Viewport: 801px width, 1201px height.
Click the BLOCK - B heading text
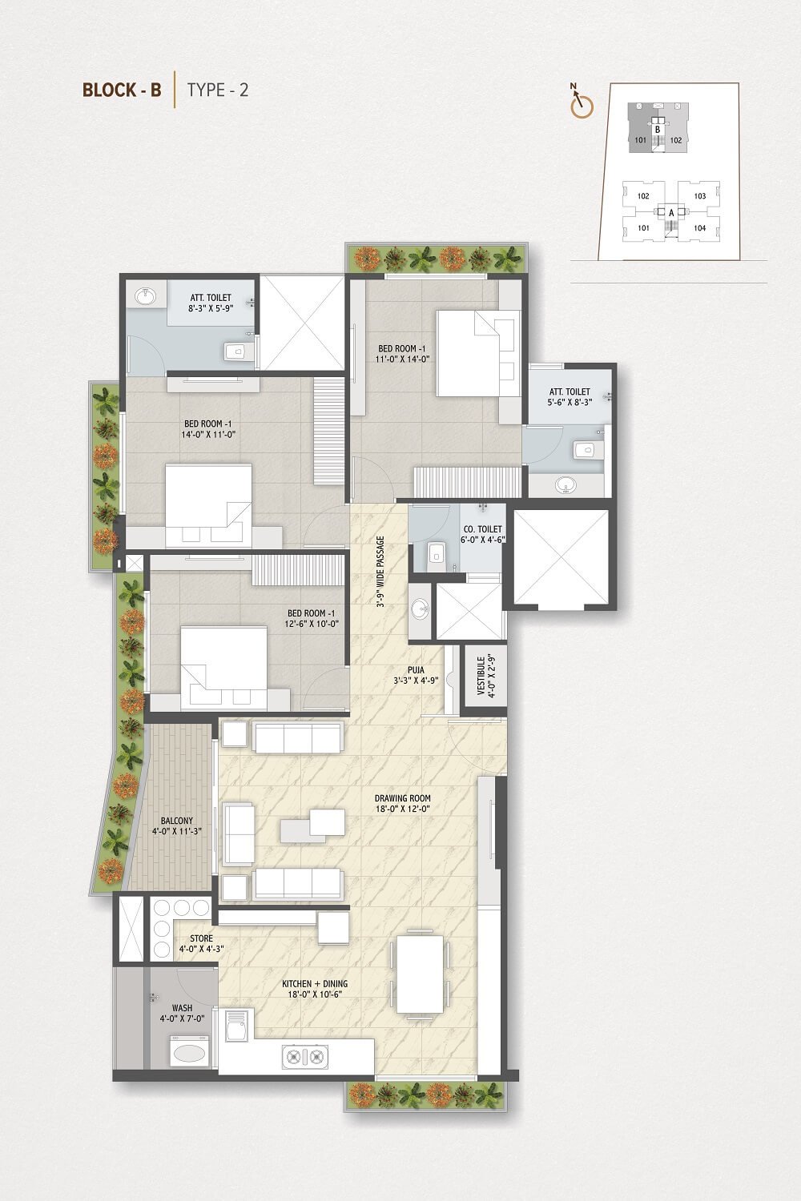pos(122,90)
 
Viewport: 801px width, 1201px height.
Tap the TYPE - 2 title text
pos(217,90)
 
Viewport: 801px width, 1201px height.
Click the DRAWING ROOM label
pos(402,797)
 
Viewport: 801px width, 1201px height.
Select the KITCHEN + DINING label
pos(315,984)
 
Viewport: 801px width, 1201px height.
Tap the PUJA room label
pos(416,670)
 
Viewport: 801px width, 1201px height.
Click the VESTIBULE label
pos(481,676)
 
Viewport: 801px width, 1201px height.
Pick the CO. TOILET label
pos(483,529)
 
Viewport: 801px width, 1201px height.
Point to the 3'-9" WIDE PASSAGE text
pos(381,571)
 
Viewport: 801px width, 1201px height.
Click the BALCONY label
pos(177,821)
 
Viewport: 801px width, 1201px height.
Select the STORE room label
pos(202,938)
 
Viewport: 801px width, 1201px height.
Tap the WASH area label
pos(183,1008)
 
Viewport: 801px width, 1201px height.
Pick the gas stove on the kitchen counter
pos(305,1057)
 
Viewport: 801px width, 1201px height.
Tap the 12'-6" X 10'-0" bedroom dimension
pos(312,624)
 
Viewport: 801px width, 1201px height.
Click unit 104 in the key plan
pos(699,228)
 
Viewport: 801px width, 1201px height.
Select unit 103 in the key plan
pos(699,196)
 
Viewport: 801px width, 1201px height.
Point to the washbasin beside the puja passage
pos(420,609)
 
